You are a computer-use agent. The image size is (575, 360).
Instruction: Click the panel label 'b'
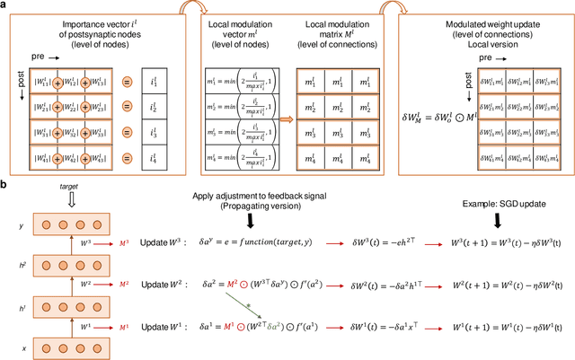point(5,185)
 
